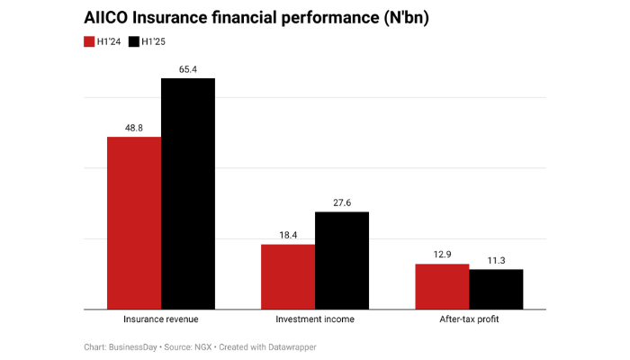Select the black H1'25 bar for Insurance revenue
coord(188,193)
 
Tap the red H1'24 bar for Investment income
coord(288,276)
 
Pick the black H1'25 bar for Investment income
coord(342,260)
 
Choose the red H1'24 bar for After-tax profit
coord(442,286)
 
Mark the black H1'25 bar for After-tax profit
coord(496,289)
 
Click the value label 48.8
coord(134,128)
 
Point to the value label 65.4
coord(188,69)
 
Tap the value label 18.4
coord(288,235)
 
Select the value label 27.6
coord(342,202)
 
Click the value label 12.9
coord(442,255)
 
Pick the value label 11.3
coord(496,260)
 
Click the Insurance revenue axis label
coord(160,319)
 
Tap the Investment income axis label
coord(314,319)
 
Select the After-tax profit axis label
coord(468,319)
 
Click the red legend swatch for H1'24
coord(89,41)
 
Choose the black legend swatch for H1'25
coord(135,41)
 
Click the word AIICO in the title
coord(105,17)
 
